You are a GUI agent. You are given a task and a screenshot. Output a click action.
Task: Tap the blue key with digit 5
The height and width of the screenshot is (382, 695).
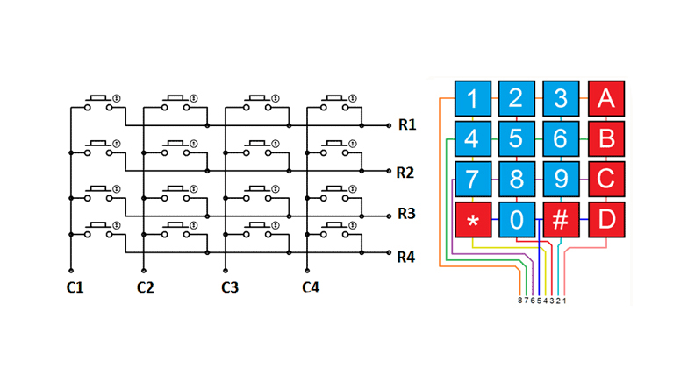click(x=516, y=138)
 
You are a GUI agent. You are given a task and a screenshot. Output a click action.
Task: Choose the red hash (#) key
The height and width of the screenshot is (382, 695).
click(x=560, y=219)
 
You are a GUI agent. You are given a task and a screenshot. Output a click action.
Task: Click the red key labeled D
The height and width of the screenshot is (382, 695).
click(x=605, y=219)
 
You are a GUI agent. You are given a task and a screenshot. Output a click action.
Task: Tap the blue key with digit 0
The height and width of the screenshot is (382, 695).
click(x=516, y=219)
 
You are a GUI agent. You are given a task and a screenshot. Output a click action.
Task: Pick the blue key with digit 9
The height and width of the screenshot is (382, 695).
click(x=560, y=179)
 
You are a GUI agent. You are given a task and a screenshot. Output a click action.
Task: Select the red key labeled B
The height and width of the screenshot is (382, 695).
click(x=605, y=138)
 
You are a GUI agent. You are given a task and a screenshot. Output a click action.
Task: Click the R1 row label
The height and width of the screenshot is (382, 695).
click(x=406, y=124)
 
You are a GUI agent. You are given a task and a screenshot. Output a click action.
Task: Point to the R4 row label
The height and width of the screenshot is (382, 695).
click(x=406, y=258)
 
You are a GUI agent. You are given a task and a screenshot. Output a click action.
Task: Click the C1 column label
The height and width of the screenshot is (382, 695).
click(x=75, y=287)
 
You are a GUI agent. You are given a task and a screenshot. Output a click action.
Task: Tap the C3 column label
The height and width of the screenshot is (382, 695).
click(x=229, y=287)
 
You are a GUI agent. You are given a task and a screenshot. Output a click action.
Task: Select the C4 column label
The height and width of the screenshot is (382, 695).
click(x=311, y=287)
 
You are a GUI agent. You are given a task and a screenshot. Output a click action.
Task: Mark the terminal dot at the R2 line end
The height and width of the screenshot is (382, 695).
click(x=389, y=171)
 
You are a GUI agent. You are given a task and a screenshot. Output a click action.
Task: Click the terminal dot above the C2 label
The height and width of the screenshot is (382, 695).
click(x=143, y=272)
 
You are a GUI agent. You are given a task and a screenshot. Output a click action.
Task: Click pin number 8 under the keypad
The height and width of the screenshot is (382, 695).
click(x=520, y=301)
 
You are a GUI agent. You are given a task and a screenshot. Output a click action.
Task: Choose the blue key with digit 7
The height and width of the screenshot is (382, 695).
click(x=472, y=179)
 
